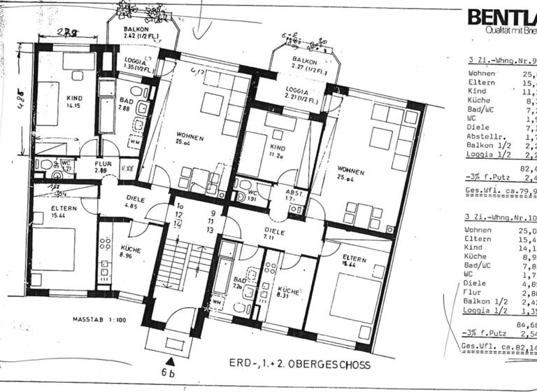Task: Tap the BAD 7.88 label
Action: click(126, 104)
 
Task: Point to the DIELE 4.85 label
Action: click(134, 203)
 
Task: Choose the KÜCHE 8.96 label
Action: click(131, 253)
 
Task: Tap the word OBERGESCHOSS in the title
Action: click(331, 365)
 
